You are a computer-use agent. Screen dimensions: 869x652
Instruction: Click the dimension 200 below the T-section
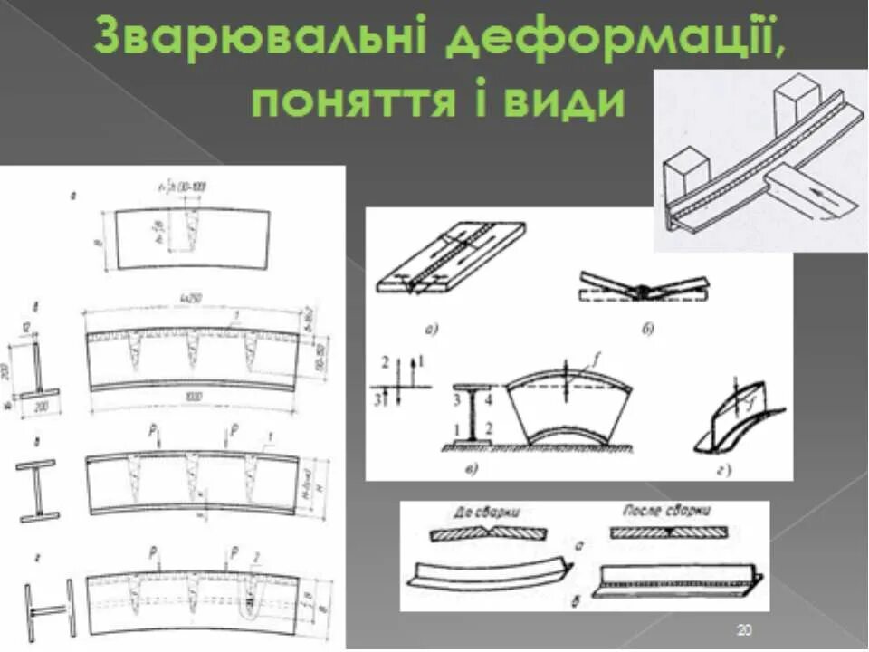coord(42,408)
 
